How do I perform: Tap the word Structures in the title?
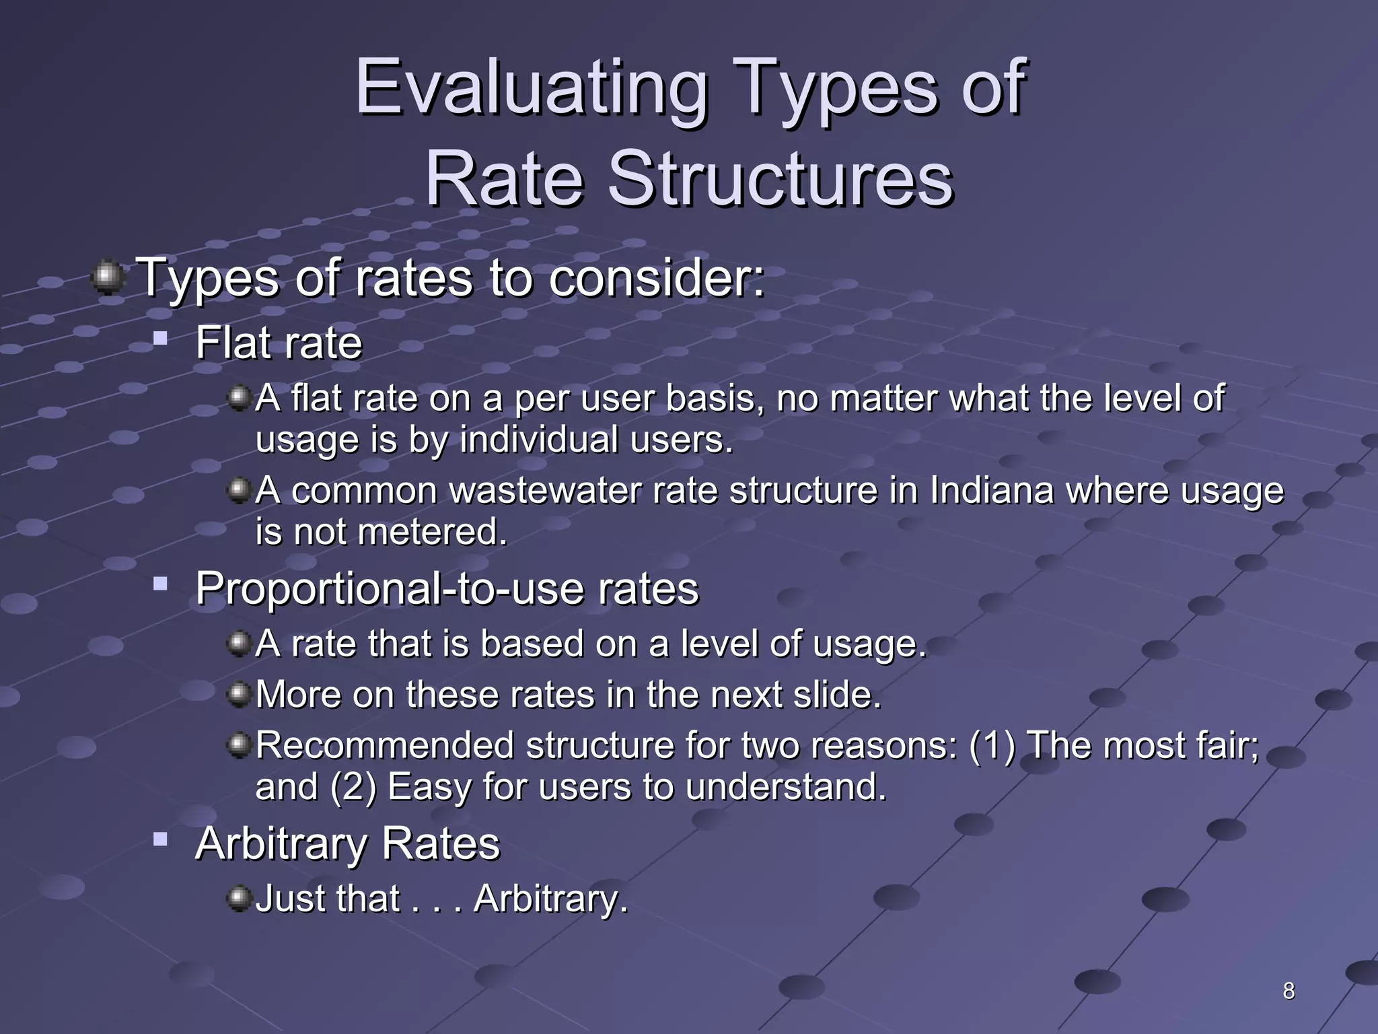pyautogui.click(x=781, y=179)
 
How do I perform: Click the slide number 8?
pyautogui.click(x=1289, y=991)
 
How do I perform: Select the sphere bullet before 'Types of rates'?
pyautogui.click(x=107, y=278)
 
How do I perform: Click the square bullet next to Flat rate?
pyautogui.click(x=160, y=337)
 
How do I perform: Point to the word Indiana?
pyautogui.click(x=992, y=490)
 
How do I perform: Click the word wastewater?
pyautogui.click(x=545, y=490)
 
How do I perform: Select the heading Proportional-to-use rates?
pyautogui.click(x=447, y=588)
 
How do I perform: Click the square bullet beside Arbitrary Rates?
pyautogui.click(x=160, y=839)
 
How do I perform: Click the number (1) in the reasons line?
pyautogui.click(x=992, y=746)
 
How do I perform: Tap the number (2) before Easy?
pyautogui.click(x=353, y=787)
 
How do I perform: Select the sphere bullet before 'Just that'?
pyautogui.click(x=239, y=899)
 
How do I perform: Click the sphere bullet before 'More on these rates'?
pyautogui.click(x=239, y=694)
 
